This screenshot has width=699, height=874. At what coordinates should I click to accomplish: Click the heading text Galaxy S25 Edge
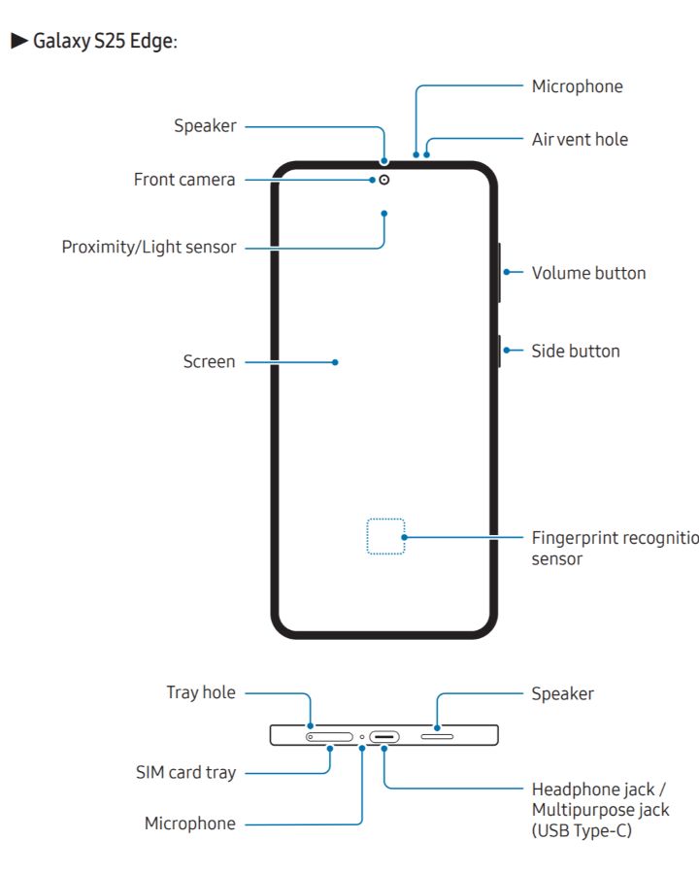105,43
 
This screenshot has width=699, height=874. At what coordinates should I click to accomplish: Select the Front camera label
184,180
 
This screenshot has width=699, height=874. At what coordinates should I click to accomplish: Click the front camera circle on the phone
384,180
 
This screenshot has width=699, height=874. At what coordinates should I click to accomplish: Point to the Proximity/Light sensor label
149,247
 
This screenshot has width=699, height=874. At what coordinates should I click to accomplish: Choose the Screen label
209,361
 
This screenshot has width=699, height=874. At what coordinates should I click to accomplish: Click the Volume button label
588,273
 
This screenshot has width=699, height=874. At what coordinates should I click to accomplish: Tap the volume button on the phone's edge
499,273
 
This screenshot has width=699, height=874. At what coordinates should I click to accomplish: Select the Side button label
575,351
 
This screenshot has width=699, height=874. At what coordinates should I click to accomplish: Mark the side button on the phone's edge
499,351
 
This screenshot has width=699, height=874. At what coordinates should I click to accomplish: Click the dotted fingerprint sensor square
385,536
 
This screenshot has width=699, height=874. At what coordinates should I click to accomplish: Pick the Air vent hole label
580,139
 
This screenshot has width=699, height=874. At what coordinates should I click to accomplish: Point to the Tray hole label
201,692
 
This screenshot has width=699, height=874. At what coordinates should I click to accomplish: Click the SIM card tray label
185,773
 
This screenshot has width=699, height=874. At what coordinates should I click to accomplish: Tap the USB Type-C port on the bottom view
384,737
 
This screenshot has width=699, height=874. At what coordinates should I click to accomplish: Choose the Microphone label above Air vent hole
577,86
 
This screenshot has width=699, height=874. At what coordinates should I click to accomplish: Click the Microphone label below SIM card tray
190,824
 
